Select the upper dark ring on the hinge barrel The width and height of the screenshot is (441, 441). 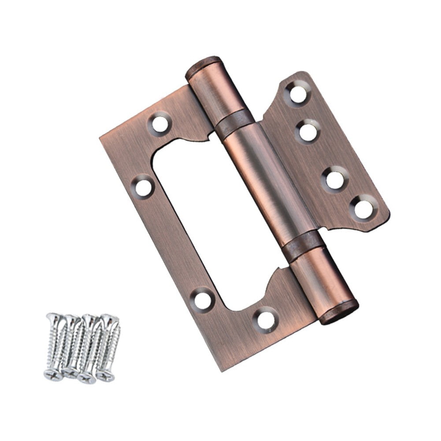[x=234, y=120]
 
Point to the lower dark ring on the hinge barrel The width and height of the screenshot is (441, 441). [x=303, y=245]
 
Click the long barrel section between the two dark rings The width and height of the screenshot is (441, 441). [x=269, y=181]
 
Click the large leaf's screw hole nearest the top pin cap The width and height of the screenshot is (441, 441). [x=160, y=123]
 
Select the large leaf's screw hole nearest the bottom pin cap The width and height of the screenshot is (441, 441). [x=267, y=319]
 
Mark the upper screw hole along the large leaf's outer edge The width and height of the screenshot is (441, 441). [x=143, y=187]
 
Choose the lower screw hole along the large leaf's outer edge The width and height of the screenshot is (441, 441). [x=203, y=300]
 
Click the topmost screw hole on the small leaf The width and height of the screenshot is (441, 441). [x=298, y=93]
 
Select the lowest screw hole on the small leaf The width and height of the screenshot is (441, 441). [x=363, y=208]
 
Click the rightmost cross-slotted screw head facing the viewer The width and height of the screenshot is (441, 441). [x=106, y=375]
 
